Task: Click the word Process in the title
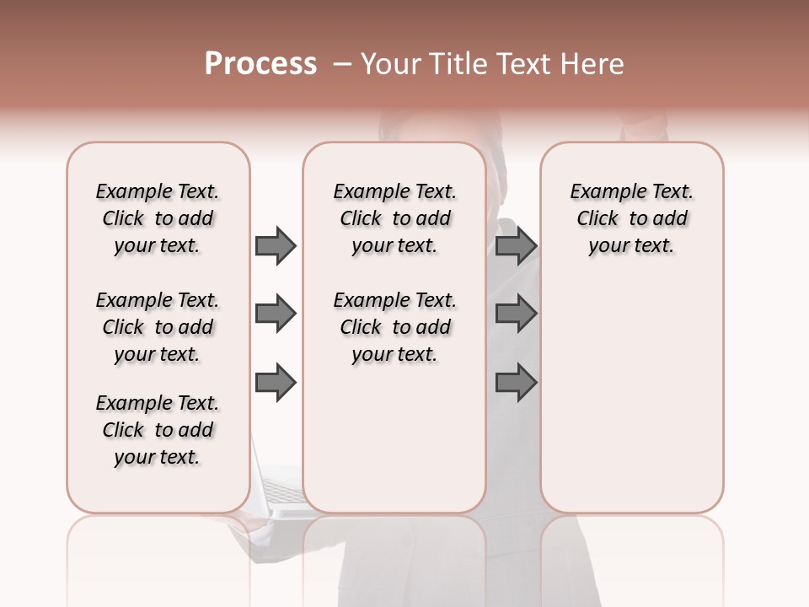point(260,64)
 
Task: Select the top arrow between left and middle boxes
point(276,245)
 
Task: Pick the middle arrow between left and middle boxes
point(276,314)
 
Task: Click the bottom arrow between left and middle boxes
point(276,383)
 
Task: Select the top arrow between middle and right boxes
point(516,245)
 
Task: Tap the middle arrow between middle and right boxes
point(516,314)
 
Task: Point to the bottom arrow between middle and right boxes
point(516,383)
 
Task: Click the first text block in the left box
point(158,218)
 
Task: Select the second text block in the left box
point(158,327)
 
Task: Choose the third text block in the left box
point(158,430)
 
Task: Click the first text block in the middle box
point(395,218)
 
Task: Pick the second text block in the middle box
point(395,327)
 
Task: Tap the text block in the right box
point(632,218)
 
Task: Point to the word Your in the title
point(388,64)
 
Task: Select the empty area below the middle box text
point(395,438)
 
